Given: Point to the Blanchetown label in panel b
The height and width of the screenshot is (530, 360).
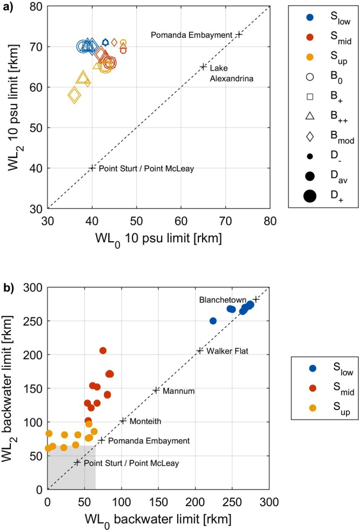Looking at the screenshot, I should click(x=223, y=300).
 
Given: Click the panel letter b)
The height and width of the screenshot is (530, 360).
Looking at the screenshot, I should click(x=9, y=287).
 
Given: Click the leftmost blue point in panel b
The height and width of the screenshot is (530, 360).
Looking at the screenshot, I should click(x=213, y=321).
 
